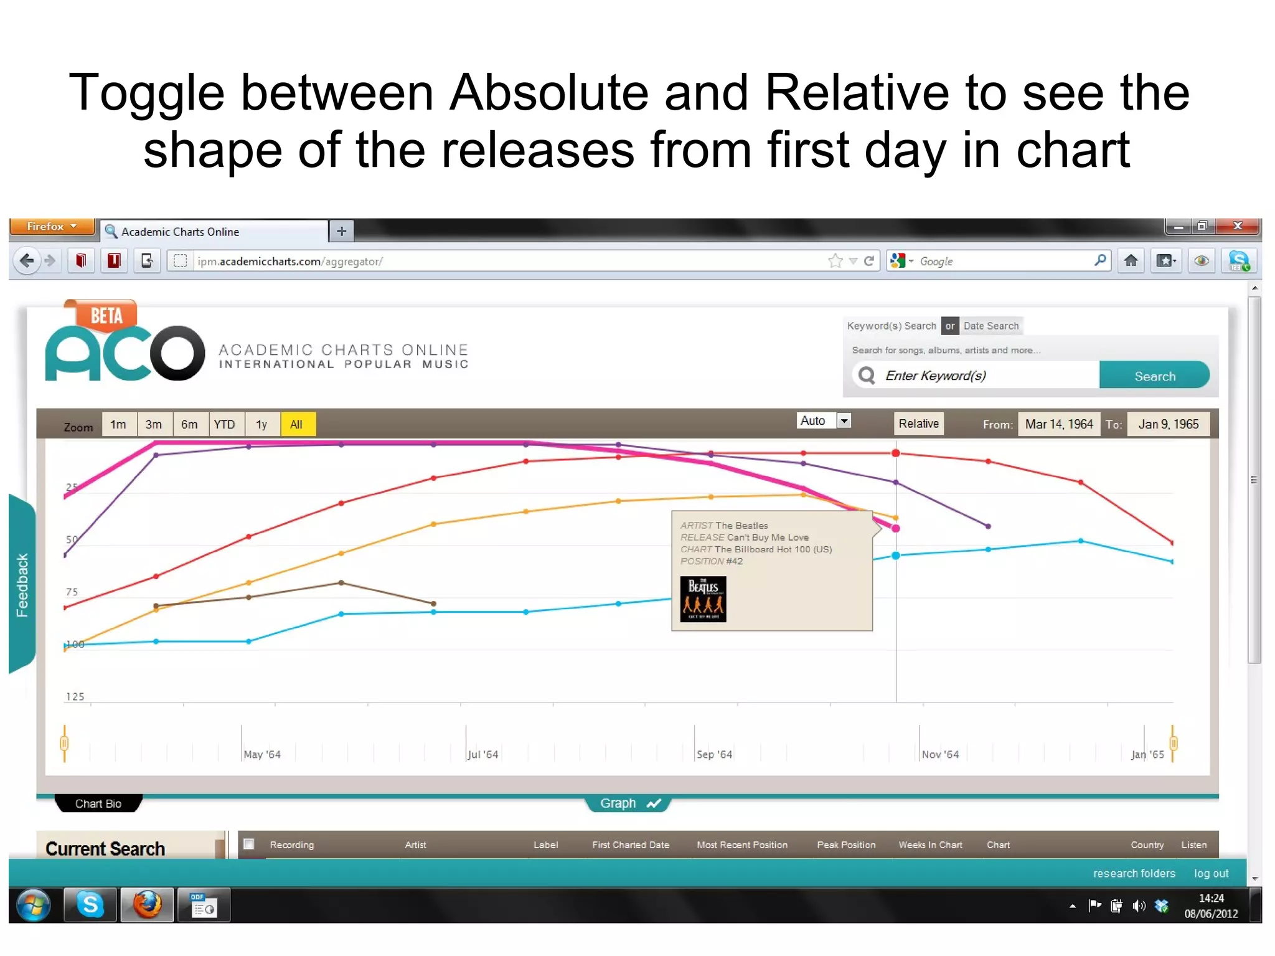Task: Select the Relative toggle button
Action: (x=918, y=424)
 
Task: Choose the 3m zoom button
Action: (x=154, y=425)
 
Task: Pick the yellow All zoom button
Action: (x=297, y=425)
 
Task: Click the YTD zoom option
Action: (x=225, y=425)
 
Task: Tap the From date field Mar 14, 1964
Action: (x=1058, y=425)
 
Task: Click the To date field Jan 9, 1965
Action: (x=1168, y=425)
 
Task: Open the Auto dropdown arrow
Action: (x=844, y=421)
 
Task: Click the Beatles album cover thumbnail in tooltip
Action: (x=703, y=599)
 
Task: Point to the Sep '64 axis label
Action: (x=714, y=755)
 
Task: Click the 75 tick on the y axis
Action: (x=72, y=592)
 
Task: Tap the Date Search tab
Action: (x=990, y=326)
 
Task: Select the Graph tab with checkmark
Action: (x=628, y=803)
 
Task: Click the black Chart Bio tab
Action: (x=98, y=803)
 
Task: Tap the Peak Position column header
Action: (x=846, y=845)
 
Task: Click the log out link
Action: (x=1211, y=873)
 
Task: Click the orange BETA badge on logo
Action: (x=105, y=315)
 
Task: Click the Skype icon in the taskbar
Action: (x=91, y=904)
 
